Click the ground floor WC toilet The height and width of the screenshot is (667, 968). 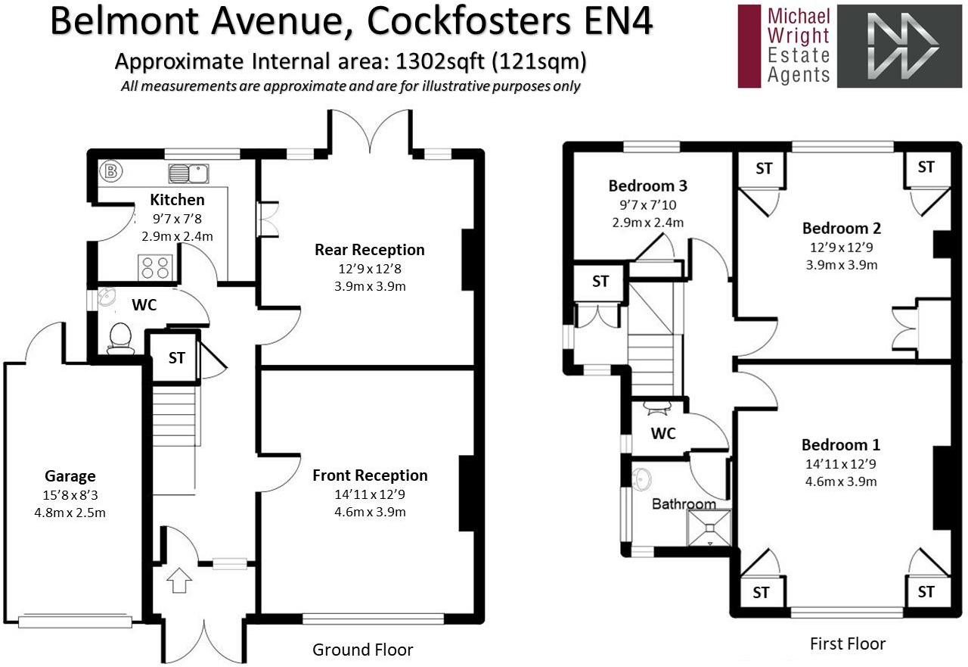120,337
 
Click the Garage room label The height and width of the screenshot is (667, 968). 70,476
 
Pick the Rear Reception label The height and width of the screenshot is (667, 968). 370,250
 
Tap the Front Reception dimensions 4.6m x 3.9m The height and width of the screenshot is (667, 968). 370,512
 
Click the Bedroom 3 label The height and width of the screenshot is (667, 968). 647,185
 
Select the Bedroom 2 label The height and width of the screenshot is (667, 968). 842,228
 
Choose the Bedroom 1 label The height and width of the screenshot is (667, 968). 841,444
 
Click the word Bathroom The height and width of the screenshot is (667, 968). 684,504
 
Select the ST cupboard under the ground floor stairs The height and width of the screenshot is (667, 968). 176,358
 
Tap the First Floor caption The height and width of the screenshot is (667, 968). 847,644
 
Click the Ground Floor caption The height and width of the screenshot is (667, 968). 363,650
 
